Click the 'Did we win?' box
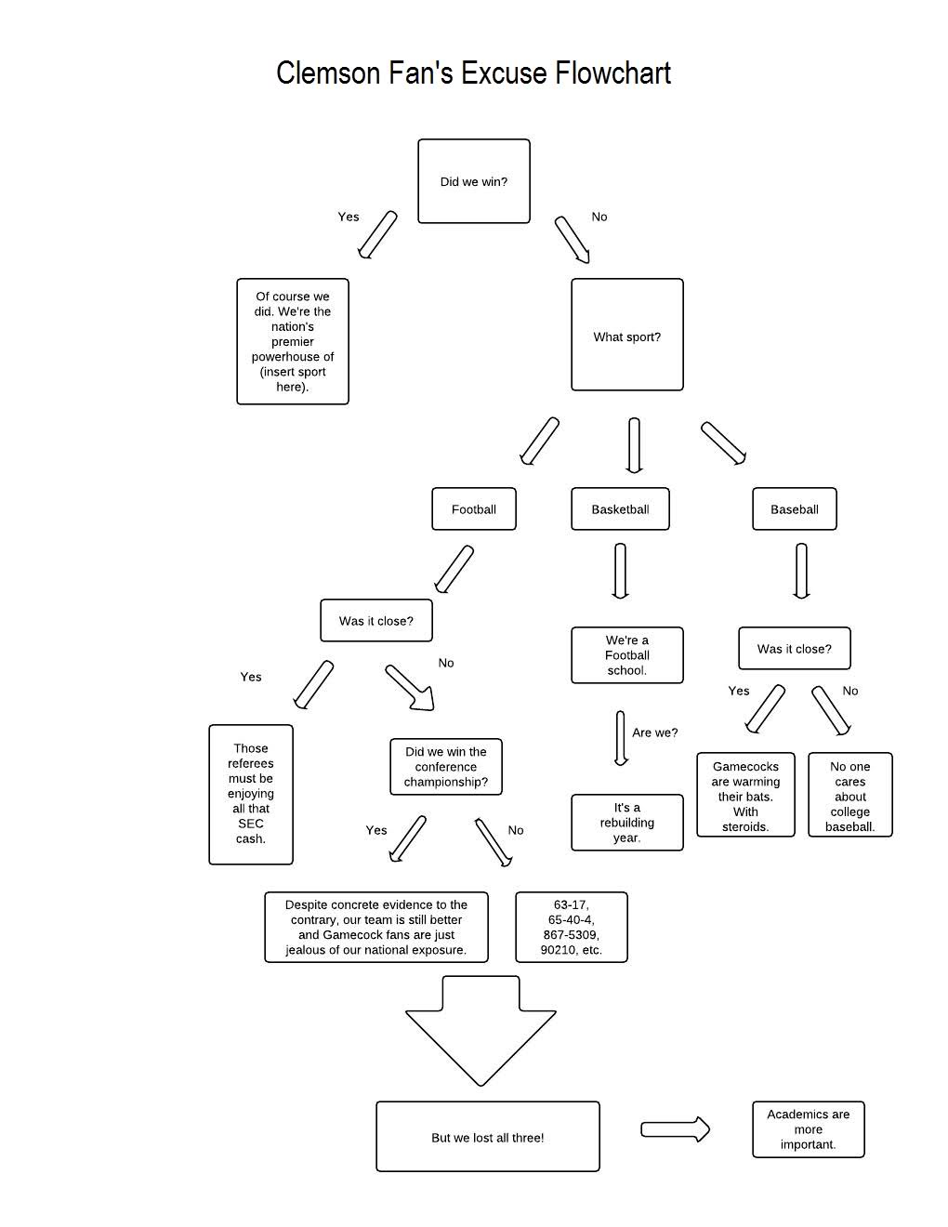(474, 181)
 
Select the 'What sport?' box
(626, 335)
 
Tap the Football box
(474, 508)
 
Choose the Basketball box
(620, 508)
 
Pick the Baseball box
(795, 508)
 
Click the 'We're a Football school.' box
(626, 655)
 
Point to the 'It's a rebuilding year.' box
(626, 822)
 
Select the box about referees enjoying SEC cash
(251, 795)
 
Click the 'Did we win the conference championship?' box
(445, 766)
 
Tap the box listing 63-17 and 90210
(572, 927)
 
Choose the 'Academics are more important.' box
(808, 1129)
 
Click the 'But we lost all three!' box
(488, 1136)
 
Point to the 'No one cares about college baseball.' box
(849, 795)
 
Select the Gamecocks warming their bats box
(745, 795)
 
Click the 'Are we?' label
(654, 732)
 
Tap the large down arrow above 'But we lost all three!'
(481, 1031)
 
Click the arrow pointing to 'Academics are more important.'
(675, 1129)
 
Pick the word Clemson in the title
(328, 73)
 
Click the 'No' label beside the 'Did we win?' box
(599, 217)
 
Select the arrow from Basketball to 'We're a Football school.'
(620, 571)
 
